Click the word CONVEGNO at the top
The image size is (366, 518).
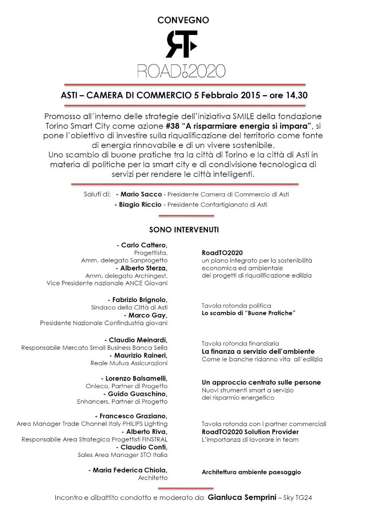tap(183, 20)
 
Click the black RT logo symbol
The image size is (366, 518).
tap(181, 44)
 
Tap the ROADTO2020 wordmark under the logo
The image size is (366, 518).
tap(181, 71)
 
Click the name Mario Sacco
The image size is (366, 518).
tap(141, 194)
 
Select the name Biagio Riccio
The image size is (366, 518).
tap(140, 204)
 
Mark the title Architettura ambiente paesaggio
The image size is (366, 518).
tap(251, 472)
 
